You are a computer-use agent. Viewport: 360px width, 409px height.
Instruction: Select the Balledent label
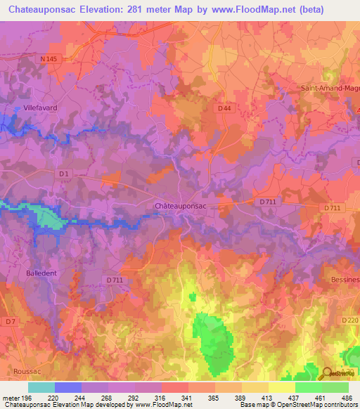pyautogui.click(x=42, y=272)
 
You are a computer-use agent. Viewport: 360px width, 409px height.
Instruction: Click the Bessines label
pyautogui.click(x=344, y=279)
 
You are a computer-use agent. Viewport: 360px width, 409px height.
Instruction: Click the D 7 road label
pyautogui.click(x=11, y=320)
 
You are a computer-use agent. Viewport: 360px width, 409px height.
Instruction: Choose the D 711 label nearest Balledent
pyautogui.click(x=115, y=279)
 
